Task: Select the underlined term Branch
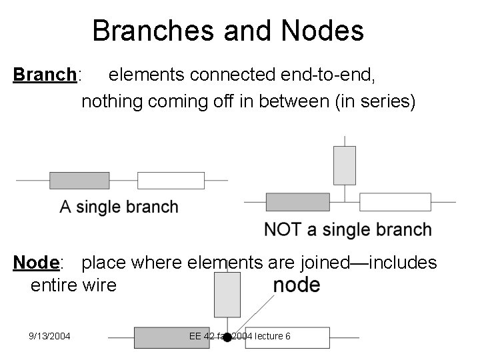point(45,75)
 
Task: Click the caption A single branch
point(119,207)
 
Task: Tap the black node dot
point(227,337)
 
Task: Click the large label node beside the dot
point(297,285)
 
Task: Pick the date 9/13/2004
point(50,336)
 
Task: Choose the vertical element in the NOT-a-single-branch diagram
point(344,165)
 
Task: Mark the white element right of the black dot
point(301,337)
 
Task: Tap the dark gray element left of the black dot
point(163,337)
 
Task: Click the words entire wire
point(73,285)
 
